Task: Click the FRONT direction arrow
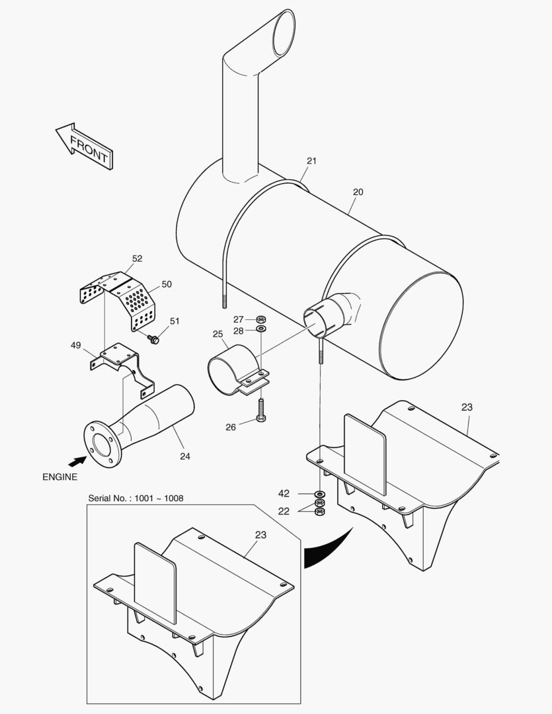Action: click(x=83, y=146)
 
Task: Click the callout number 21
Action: click(x=311, y=161)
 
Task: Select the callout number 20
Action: click(x=358, y=192)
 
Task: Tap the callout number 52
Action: click(x=138, y=258)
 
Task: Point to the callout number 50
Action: click(x=167, y=284)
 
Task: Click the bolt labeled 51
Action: click(x=154, y=339)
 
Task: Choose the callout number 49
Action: click(x=76, y=344)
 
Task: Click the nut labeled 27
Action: click(x=260, y=319)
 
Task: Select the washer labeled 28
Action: click(x=260, y=329)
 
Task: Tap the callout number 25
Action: click(x=217, y=335)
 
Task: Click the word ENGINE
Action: click(x=59, y=477)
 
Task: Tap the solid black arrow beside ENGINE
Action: click(x=77, y=461)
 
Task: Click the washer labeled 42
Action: click(x=319, y=494)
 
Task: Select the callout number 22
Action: click(x=284, y=510)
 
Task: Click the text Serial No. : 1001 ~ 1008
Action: click(x=136, y=497)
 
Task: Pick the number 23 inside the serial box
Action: click(x=260, y=535)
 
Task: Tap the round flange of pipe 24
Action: click(x=102, y=442)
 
